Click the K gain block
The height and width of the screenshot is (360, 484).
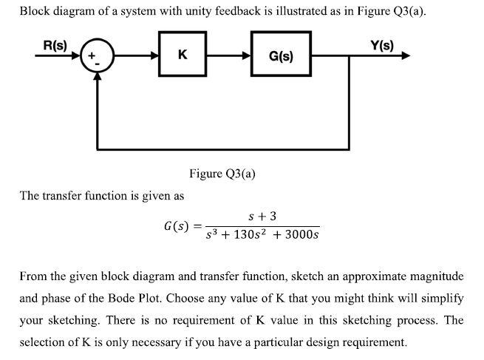[x=183, y=55]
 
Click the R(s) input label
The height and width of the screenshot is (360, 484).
[x=54, y=44]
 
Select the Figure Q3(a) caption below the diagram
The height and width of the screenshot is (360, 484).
[x=222, y=174]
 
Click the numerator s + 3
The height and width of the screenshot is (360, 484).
[x=263, y=216]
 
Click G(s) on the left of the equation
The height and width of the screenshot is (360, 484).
[x=176, y=225]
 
